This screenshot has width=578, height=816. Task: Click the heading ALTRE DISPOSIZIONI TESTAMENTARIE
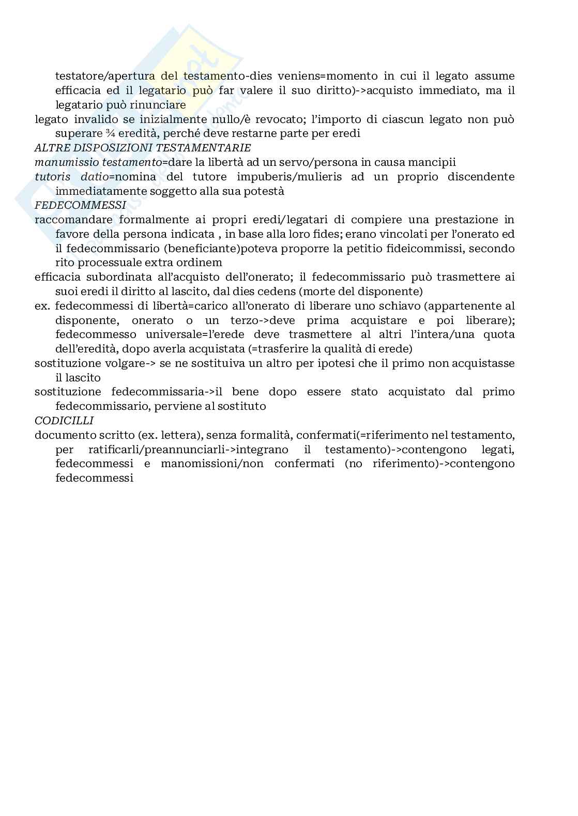point(143,148)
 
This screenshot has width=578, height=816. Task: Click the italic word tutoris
point(52,177)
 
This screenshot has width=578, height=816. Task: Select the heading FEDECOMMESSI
point(80,205)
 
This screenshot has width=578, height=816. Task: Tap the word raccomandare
point(71,220)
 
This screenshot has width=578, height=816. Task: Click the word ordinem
point(200,263)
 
